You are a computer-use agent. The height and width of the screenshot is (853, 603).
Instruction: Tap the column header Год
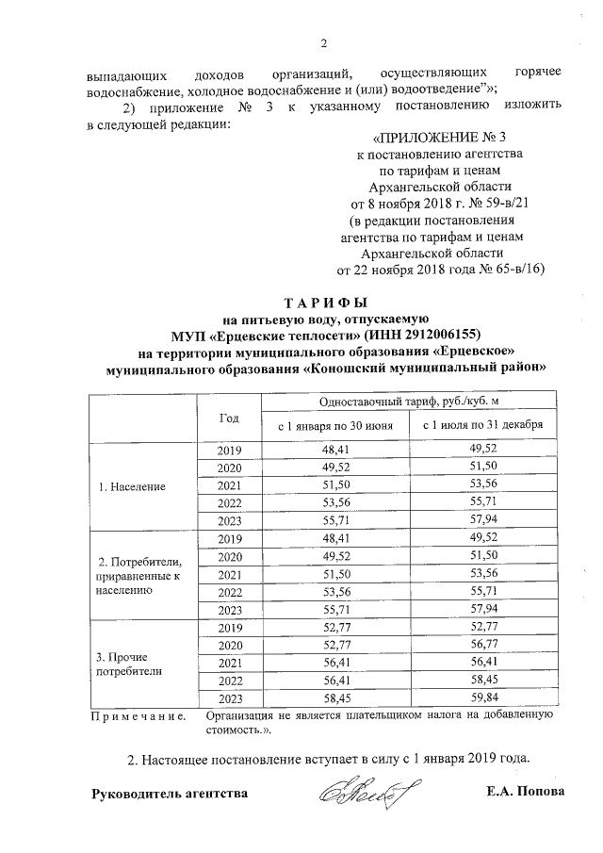click(229, 417)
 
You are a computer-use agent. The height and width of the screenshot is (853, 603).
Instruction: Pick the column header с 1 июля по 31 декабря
click(482, 426)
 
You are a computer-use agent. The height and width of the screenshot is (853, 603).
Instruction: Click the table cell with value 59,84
click(482, 698)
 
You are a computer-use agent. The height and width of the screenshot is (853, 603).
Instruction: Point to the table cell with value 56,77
click(482, 646)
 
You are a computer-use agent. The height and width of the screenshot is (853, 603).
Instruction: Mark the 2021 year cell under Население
click(229, 485)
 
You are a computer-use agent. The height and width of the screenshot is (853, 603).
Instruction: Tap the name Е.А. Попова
click(525, 792)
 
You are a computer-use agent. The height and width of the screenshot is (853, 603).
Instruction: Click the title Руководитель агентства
click(169, 793)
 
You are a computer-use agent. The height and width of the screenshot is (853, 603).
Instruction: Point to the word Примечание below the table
click(131, 717)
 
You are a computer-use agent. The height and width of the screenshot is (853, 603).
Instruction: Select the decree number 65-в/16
click(514, 269)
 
